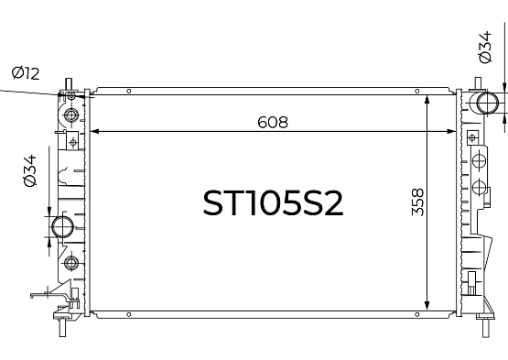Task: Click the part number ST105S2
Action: (273, 203)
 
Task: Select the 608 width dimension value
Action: (273, 122)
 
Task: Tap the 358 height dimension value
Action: (417, 202)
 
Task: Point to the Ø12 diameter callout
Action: (26, 73)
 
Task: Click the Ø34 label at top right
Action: (485, 48)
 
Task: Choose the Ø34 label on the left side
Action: (30, 170)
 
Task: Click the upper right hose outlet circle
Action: (488, 103)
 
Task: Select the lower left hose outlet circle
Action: (62, 227)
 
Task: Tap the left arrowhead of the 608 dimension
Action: (94, 131)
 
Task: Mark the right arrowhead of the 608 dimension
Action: (451, 131)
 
